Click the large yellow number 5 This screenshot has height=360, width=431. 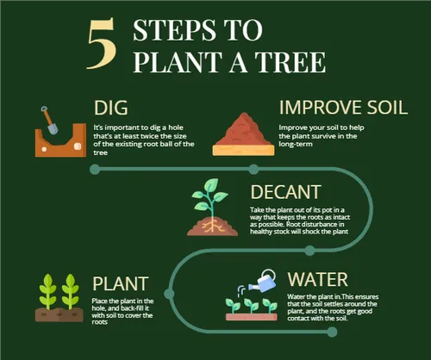tap(102, 44)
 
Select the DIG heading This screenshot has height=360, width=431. tap(111, 108)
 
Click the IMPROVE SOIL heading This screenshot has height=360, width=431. tap(343, 108)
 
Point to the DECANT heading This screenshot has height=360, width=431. tap(285, 192)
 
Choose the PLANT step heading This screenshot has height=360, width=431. tap(121, 283)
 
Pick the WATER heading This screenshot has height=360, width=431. tap(318, 279)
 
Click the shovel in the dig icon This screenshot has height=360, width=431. tap(49, 121)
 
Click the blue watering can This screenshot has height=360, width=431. tap(264, 281)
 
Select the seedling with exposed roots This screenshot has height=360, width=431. tap(212, 208)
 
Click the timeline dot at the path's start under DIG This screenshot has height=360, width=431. tap(95, 170)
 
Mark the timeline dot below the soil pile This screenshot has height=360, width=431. tap(253, 170)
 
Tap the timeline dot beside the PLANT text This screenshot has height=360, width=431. tap(169, 294)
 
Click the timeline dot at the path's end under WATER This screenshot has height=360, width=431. tap(332, 332)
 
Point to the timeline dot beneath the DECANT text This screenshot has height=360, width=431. tap(309, 251)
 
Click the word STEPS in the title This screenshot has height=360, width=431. tap(174, 30)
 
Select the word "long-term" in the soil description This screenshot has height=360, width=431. tap(296, 144)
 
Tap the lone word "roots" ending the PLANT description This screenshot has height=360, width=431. tap(99, 322)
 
